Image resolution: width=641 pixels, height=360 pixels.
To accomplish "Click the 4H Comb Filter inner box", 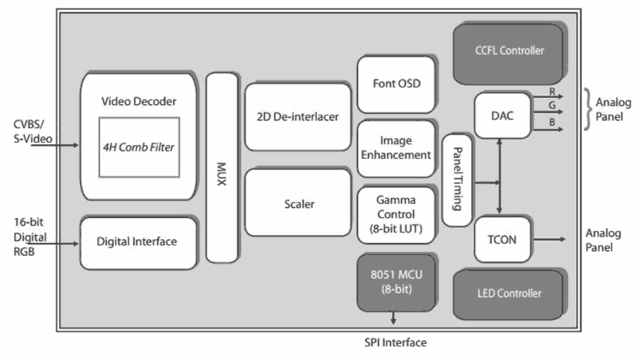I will pyautogui.click(x=139, y=147).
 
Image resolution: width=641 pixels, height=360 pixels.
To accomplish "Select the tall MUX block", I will pyautogui.click(x=222, y=167).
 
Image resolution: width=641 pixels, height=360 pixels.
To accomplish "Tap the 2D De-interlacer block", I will pyautogui.click(x=298, y=116).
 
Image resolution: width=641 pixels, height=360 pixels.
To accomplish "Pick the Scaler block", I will pyautogui.click(x=299, y=204).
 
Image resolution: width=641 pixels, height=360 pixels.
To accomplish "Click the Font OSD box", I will pyautogui.click(x=397, y=83).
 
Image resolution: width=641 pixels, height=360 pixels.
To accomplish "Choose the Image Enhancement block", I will pyautogui.click(x=397, y=148).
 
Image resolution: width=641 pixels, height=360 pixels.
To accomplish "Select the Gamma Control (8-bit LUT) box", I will pyautogui.click(x=396, y=214).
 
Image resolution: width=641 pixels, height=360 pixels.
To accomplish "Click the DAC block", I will pyautogui.click(x=503, y=115).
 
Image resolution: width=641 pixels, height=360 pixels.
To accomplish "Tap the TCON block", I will pyautogui.click(x=503, y=239).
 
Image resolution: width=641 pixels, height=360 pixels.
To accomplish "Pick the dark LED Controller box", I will pyautogui.click(x=509, y=294).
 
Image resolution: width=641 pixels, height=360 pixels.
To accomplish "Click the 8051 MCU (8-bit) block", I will pyautogui.click(x=396, y=282).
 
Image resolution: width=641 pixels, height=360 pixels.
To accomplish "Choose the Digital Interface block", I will pyautogui.click(x=137, y=242).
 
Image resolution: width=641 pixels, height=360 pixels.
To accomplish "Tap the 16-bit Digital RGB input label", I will pyautogui.click(x=23, y=237).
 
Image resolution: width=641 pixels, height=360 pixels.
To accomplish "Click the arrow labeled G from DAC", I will pyautogui.click(x=547, y=111).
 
